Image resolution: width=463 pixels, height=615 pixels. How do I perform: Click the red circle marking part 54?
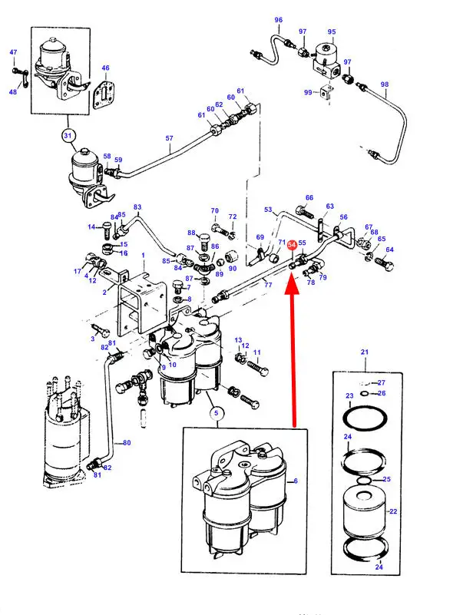pyautogui.click(x=292, y=245)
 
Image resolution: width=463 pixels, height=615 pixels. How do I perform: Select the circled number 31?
pyautogui.click(x=68, y=137)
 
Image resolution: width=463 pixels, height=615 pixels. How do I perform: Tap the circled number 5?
pyautogui.click(x=217, y=412)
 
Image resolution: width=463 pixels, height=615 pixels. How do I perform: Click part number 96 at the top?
pyautogui.click(x=278, y=20)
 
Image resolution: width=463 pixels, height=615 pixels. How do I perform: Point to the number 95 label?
pyautogui.click(x=332, y=32)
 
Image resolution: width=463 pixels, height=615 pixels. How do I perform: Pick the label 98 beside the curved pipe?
pyautogui.click(x=385, y=84)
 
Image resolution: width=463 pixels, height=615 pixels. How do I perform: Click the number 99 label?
pyautogui.click(x=308, y=92)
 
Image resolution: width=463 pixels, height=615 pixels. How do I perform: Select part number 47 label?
pyautogui.click(x=13, y=52)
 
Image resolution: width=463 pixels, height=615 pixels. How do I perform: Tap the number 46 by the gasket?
pyautogui.click(x=105, y=68)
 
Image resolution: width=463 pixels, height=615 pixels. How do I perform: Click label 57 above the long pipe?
pyautogui.click(x=170, y=138)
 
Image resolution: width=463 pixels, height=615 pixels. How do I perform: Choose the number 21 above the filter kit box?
pyautogui.click(x=364, y=352)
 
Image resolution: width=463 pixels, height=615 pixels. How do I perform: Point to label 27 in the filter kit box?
pyautogui.click(x=382, y=382)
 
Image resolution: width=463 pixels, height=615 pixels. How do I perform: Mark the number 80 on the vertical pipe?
pyautogui.click(x=127, y=443)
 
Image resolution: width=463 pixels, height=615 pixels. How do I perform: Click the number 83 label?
pyautogui.click(x=138, y=207)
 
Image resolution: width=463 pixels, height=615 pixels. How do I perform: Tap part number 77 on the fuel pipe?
pyautogui.click(x=268, y=285)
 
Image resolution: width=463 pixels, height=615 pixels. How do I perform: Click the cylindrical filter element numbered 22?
pyautogui.click(x=364, y=511)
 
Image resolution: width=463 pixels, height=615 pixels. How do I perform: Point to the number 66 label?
pyautogui.click(x=309, y=197)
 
